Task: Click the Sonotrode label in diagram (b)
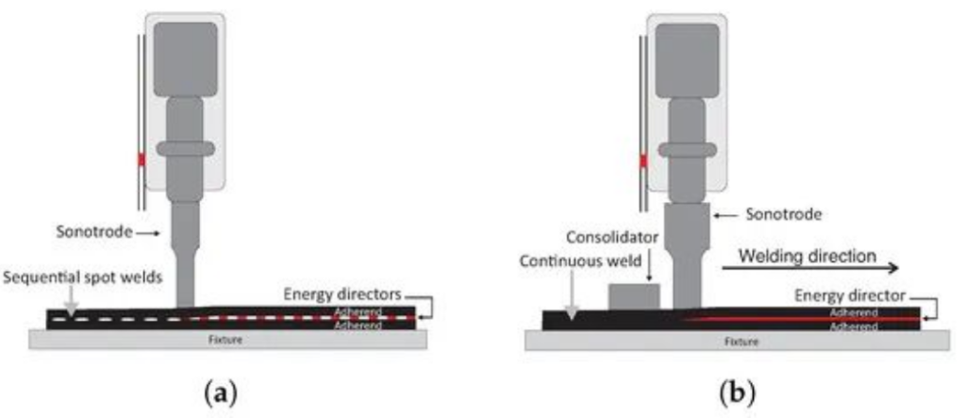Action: (x=787, y=215)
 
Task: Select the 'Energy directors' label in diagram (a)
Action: (x=341, y=293)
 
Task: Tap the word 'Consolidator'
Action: (x=606, y=235)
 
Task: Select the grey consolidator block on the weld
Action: (x=634, y=297)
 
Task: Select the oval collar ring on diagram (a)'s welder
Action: (x=186, y=149)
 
